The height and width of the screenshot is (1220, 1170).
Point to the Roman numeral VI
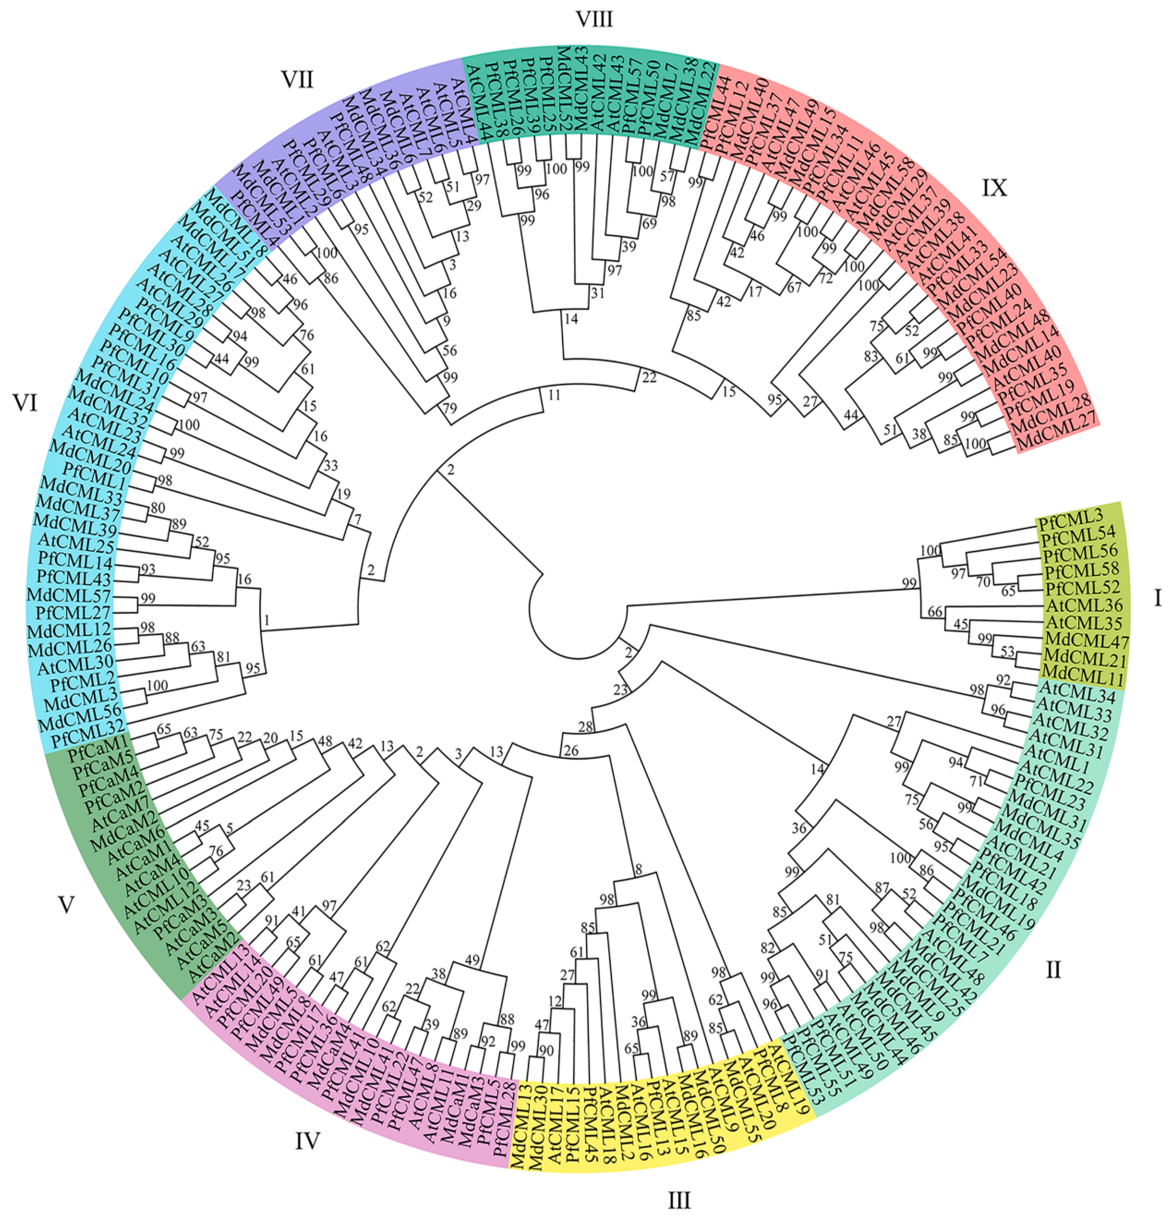(x=25, y=404)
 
